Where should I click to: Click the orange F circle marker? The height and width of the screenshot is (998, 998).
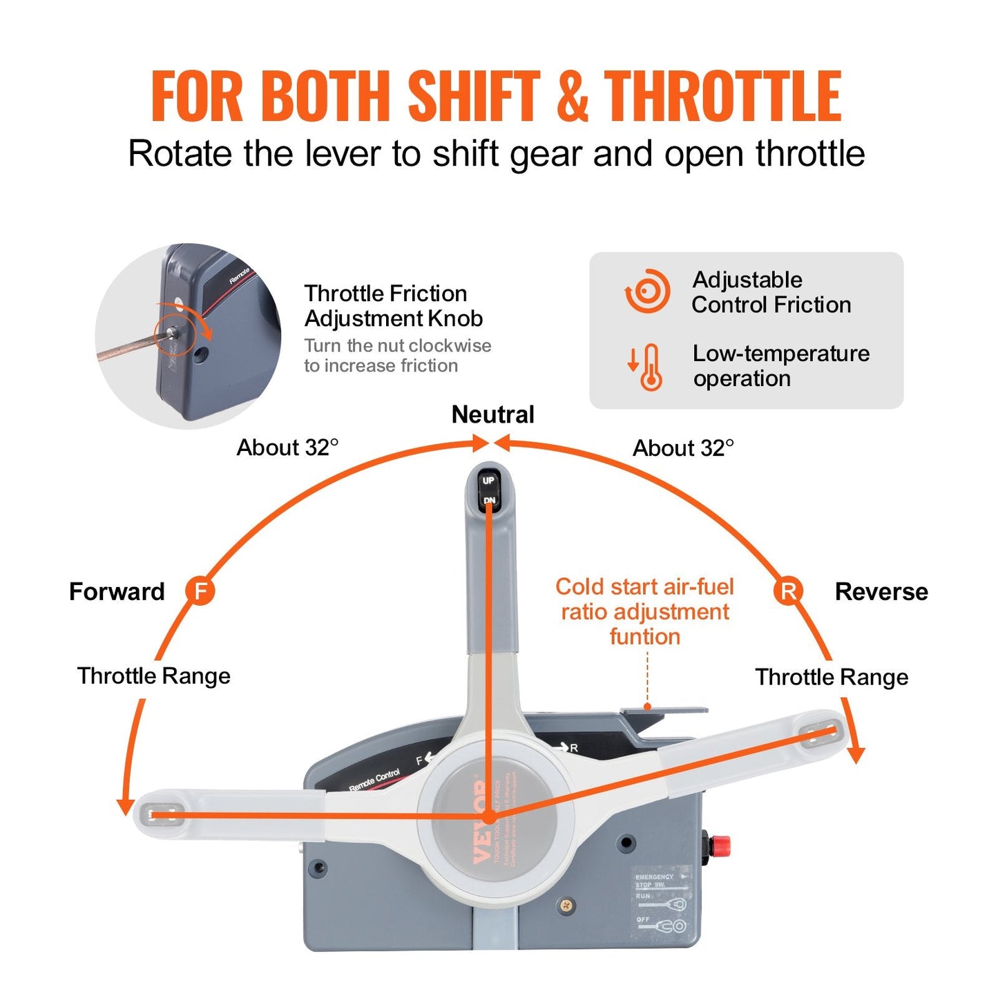pyautogui.click(x=200, y=591)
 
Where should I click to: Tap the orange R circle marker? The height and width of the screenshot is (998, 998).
pyautogui.click(x=788, y=591)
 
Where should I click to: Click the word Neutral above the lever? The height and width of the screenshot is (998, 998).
pyautogui.click(x=492, y=414)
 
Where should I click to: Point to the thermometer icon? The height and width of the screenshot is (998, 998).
pyautogui.click(x=650, y=367)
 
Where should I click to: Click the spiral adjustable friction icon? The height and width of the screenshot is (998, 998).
pyautogui.click(x=648, y=291)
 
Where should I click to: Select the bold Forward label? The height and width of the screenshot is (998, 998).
pyautogui.click(x=117, y=592)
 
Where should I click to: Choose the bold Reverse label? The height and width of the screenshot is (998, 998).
pyautogui.click(x=881, y=592)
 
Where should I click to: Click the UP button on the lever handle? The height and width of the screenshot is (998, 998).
pyautogui.click(x=488, y=481)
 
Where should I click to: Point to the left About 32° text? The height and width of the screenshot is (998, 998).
pyautogui.click(x=287, y=448)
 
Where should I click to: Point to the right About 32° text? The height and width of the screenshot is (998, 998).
pyautogui.click(x=683, y=448)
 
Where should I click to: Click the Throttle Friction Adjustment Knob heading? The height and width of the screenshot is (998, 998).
pyautogui.click(x=393, y=306)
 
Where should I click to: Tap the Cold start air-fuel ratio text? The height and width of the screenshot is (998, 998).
pyautogui.click(x=644, y=611)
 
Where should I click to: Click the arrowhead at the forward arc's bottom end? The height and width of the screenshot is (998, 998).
pyautogui.click(x=125, y=806)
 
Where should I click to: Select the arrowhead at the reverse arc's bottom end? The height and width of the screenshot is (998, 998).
pyautogui.click(x=856, y=755)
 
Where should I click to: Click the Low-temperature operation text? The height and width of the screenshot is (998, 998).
pyautogui.click(x=781, y=366)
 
